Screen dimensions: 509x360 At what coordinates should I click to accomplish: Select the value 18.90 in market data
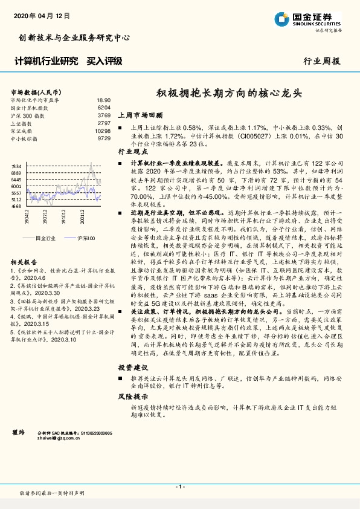click(103, 100)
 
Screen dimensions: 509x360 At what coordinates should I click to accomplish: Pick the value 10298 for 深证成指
click(103, 131)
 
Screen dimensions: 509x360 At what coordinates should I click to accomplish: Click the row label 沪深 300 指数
click(27, 115)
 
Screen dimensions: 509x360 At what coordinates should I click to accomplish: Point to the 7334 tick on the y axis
click(16, 166)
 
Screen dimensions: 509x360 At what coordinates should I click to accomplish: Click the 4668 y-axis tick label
click(16, 206)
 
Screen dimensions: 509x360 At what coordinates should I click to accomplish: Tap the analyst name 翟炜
click(18, 433)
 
